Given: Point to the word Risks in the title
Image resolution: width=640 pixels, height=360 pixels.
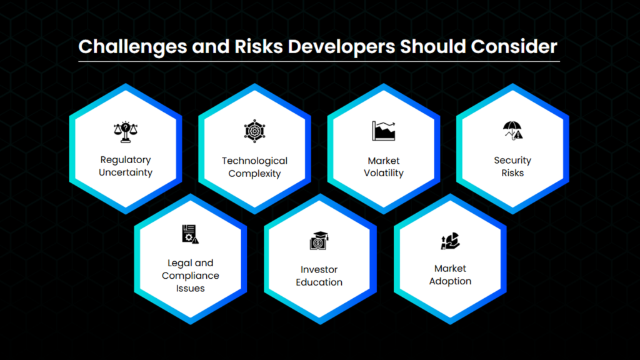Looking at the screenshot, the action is coord(258,46).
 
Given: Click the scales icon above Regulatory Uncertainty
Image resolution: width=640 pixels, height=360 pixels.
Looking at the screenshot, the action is coord(126,132).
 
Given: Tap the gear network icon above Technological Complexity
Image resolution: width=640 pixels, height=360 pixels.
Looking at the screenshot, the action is coord(255,131).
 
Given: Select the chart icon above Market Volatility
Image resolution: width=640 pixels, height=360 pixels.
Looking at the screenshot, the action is coord(384,131).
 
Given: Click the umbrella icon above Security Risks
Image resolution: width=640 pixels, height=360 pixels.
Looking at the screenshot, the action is coord(512,131).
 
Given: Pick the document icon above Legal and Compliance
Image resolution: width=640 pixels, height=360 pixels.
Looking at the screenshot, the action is coord(190,234).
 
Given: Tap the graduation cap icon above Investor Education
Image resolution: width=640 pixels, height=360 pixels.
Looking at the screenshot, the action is coord(319,241).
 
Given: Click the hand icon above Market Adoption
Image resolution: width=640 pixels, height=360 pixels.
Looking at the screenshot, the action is coord(450,241).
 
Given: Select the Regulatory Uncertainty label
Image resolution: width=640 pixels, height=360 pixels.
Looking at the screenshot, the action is coord(126,166).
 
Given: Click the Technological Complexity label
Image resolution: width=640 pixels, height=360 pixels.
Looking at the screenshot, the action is coord(255,167).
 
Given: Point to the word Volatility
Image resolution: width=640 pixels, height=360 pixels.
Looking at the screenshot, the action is coord(384,173).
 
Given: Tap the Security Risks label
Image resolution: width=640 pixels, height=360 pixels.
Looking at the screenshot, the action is coord(512,166).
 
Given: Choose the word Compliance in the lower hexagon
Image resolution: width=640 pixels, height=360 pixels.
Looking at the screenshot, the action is coord(190,276).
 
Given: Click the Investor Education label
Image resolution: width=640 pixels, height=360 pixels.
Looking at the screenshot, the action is coord(319,276).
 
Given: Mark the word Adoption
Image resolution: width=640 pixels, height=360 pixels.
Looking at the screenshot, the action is coord(450,281).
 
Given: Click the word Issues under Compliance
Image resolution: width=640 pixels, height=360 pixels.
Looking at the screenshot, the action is coord(190,288).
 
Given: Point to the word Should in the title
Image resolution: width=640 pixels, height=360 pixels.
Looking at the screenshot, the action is coord(432,46).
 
